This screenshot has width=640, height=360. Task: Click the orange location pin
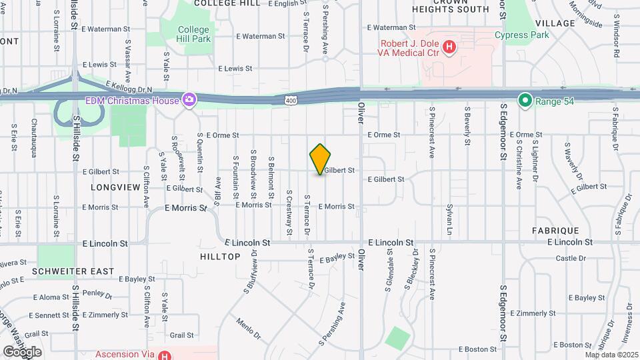[321, 159]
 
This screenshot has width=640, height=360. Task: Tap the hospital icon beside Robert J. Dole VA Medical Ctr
[450, 47]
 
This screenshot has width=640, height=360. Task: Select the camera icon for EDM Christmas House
[190, 101]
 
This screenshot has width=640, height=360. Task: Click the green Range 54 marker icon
[525, 101]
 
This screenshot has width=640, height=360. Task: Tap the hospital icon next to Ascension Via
[165, 355]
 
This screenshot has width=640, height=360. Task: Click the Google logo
[22, 352]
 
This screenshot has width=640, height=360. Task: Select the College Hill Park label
[193, 34]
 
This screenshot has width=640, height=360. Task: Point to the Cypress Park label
[522, 35]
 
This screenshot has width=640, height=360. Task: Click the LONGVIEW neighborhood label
[117, 188]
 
